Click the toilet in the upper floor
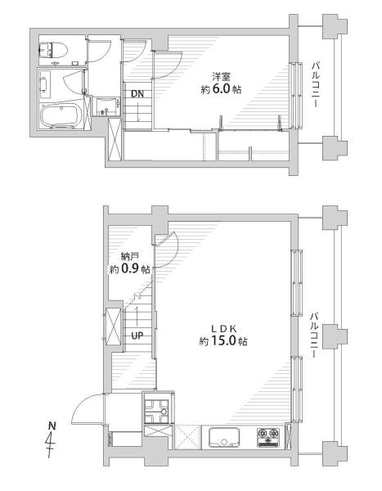coord(52,50)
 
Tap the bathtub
coord(60,115)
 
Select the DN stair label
coord(137,93)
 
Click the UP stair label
coord(137,336)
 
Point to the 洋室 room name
coord(221,76)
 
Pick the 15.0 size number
coord(223,341)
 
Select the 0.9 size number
coord(129,269)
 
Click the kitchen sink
coord(224,438)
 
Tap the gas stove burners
coord(267,436)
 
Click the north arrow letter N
coord(52,426)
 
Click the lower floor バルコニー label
coord(315,335)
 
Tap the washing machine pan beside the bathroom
coord(107,106)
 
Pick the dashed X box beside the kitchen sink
coord(187,437)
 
